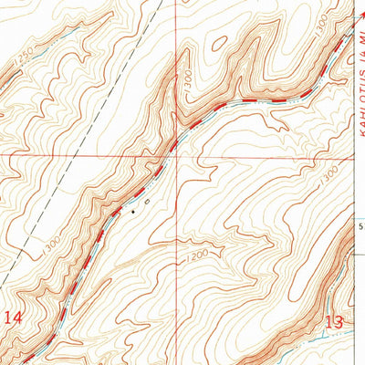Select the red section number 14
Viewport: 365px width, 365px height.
pos(12,318)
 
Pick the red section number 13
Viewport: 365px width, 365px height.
pos(335,320)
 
